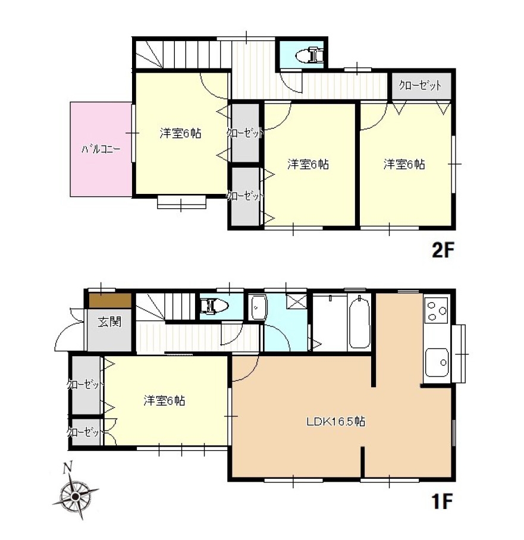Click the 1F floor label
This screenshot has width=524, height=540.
443,501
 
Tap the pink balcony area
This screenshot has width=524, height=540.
101,149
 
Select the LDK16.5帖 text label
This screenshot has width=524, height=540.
336,421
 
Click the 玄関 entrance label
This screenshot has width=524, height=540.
109,322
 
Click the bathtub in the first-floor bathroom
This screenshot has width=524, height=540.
359,322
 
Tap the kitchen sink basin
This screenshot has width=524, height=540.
437,362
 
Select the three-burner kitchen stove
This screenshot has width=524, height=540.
437,310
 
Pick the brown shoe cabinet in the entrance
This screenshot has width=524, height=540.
110,300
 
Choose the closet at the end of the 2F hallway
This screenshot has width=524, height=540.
421,86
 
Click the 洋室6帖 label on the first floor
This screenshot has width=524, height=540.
164,400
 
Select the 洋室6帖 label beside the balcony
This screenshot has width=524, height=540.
180,133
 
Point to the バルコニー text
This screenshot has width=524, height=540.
101,149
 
